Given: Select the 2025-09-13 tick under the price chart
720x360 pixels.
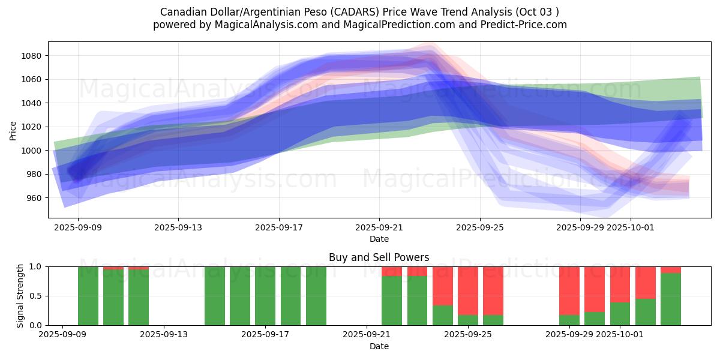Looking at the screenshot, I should click(x=178, y=227).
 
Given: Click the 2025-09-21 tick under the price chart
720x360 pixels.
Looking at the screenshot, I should click(x=379, y=227).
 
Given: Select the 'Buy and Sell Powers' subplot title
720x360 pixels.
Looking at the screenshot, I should click(x=379, y=257).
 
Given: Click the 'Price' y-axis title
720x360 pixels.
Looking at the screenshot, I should click(x=13, y=130).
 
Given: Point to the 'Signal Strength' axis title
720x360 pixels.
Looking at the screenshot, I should click(x=20, y=296).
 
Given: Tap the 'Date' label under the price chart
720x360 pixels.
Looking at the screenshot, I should click(x=379, y=239).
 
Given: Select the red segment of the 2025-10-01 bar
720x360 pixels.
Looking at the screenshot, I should click(x=620, y=284).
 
